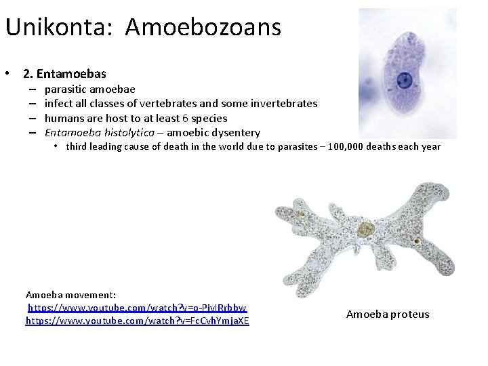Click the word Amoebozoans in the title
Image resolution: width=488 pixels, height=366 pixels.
[203, 28]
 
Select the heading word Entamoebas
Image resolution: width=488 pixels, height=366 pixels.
[73, 74]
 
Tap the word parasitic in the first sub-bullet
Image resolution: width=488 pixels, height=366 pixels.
[66, 89]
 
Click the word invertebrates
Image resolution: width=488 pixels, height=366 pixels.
[283, 104]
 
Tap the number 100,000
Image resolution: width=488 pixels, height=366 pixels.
[352, 146]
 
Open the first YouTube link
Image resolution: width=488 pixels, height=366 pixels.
[137, 308]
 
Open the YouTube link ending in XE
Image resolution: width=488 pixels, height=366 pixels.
[137, 321]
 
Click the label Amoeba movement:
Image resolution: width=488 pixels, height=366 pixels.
[71, 295]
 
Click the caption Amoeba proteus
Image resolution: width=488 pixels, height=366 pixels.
[388, 314]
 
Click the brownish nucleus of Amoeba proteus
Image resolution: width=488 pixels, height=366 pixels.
[366, 229]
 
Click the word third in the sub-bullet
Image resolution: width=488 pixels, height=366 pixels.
[78, 146]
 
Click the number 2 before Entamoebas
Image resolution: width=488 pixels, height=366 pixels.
[27, 74]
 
